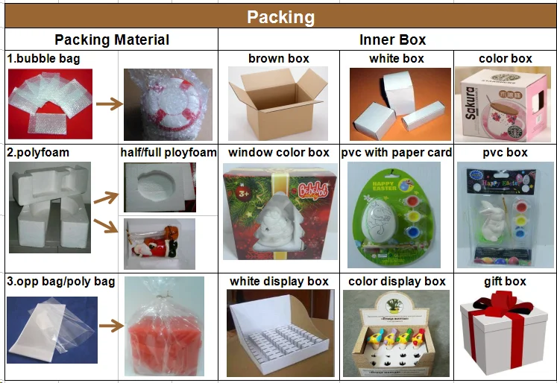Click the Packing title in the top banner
(x=280, y=17)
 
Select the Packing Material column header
(x=112, y=40)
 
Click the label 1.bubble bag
(x=44, y=58)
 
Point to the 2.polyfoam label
(x=38, y=152)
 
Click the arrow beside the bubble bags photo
(x=108, y=104)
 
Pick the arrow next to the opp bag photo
(x=110, y=325)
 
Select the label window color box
(x=278, y=153)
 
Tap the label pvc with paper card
(x=397, y=153)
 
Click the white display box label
(x=279, y=281)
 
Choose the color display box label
(x=397, y=281)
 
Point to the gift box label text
(x=505, y=281)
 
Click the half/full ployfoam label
(x=169, y=153)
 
